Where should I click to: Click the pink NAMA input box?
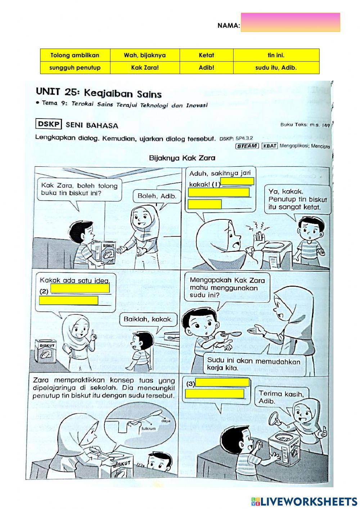[x=290, y=22]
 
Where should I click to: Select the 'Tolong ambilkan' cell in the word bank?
[x=75, y=55]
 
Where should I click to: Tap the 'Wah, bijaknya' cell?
[x=145, y=55]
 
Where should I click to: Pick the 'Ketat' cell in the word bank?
[x=206, y=55]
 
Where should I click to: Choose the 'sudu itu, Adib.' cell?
[x=276, y=68]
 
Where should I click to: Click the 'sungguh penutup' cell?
[x=75, y=68]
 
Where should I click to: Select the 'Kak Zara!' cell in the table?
[x=145, y=68]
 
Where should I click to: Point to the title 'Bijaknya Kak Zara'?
[x=182, y=158]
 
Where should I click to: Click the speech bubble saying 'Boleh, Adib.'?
[x=157, y=196]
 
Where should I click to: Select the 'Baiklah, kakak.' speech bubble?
[x=148, y=319]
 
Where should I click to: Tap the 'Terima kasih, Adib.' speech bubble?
[x=281, y=397]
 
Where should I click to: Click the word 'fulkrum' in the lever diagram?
[x=148, y=429]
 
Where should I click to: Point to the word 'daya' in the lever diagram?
[x=166, y=420]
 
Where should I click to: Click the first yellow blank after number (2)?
[x=80, y=288]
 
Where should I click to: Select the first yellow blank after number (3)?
[x=222, y=383]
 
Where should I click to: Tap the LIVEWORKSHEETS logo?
[x=304, y=501]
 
